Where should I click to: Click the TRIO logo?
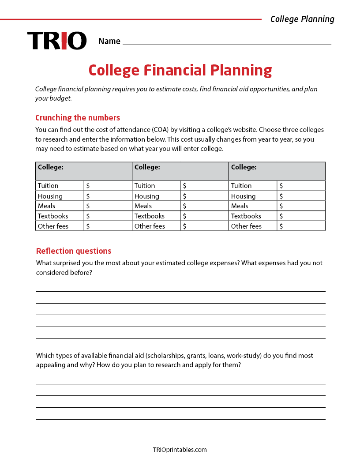(56, 41)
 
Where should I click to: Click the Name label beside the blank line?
(109, 41)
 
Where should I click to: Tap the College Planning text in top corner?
(302, 19)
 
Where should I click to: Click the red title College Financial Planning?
(180, 70)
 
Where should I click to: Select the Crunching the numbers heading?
(78, 117)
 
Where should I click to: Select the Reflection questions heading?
(74, 251)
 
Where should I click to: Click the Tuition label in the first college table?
(48, 186)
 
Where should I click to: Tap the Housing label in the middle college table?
(147, 196)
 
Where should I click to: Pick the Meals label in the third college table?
(240, 206)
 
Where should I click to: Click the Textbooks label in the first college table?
(52, 216)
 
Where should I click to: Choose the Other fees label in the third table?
(246, 226)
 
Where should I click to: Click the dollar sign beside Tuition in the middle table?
(184, 186)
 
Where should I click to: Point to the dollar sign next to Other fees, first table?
(88, 226)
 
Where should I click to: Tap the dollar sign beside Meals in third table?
(281, 206)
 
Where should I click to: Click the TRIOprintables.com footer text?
(180, 450)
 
